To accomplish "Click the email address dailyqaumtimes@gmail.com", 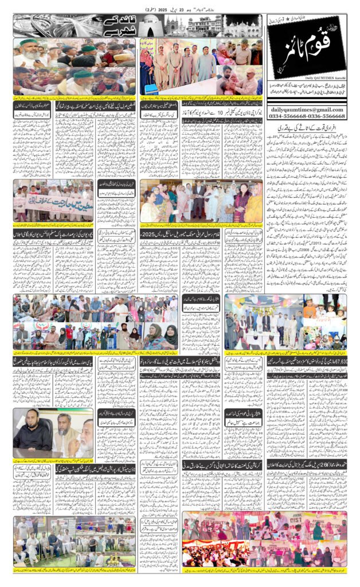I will point(308,109).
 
